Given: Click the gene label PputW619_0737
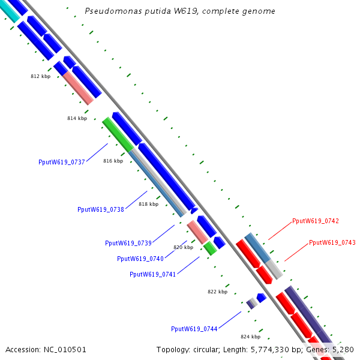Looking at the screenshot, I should pyautogui.click(x=62, y=162).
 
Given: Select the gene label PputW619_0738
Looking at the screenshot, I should pyautogui.click(x=101, y=209).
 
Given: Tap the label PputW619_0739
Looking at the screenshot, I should pyautogui.click(x=128, y=243).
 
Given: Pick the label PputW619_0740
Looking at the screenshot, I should pyautogui.click(x=140, y=259).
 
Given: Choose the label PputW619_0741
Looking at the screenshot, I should pyautogui.click(x=153, y=274).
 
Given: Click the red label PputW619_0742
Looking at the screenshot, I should pyautogui.click(x=316, y=221).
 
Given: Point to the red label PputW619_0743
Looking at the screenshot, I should pyautogui.click(x=332, y=242).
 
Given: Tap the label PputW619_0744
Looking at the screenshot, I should pyautogui.click(x=194, y=329).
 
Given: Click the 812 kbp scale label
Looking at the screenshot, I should pyautogui.click(x=41, y=77).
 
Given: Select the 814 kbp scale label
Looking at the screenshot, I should pyautogui.click(x=77, y=119).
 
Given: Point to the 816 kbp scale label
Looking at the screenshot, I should pyautogui.click(x=113, y=161).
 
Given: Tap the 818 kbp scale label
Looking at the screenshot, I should pyautogui.click(x=148, y=204).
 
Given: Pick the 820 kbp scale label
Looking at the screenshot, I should pyautogui.click(x=184, y=247).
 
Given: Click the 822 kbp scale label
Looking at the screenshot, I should pyautogui.click(x=218, y=292).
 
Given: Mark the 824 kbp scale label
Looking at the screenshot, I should pyautogui.click(x=250, y=337).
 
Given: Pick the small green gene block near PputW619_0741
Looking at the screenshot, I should pyautogui.click(x=210, y=248).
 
